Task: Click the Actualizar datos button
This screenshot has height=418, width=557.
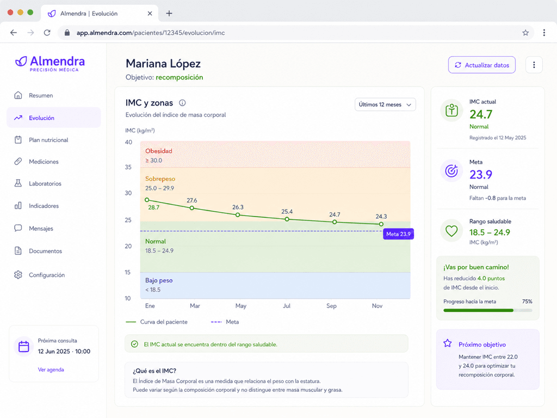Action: (x=482, y=65)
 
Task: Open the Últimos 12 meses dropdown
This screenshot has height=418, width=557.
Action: (x=385, y=104)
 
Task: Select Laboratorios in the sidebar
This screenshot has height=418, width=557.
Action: (x=45, y=183)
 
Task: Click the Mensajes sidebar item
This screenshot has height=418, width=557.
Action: (x=41, y=229)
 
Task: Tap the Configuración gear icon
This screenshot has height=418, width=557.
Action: (x=18, y=275)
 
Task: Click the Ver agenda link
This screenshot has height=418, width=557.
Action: (x=51, y=370)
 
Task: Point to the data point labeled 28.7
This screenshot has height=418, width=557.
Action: (x=147, y=200)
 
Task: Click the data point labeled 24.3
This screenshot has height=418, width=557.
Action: (x=381, y=224)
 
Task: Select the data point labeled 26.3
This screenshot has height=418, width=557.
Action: (x=238, y=215)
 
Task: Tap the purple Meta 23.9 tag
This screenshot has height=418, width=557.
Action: (x=398, y=234)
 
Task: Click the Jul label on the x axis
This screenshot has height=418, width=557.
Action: (x=286, y=306)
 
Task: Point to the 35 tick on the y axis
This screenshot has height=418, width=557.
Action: (x=128, y=167)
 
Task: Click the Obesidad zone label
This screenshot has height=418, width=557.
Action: (x=158, y=151)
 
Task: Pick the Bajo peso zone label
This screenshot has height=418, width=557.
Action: (x=159, y=280)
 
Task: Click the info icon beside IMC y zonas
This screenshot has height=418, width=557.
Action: (x=182, y=103)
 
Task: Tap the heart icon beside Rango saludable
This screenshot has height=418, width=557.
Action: (x=451, y=231)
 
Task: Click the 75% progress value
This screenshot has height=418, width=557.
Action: (x=527, y=302)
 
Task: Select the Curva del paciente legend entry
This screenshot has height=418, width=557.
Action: (x=157, y=322)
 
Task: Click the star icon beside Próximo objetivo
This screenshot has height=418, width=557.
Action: (x=448, y=343)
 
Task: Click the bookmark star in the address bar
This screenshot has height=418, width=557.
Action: (x=525, y=33)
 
